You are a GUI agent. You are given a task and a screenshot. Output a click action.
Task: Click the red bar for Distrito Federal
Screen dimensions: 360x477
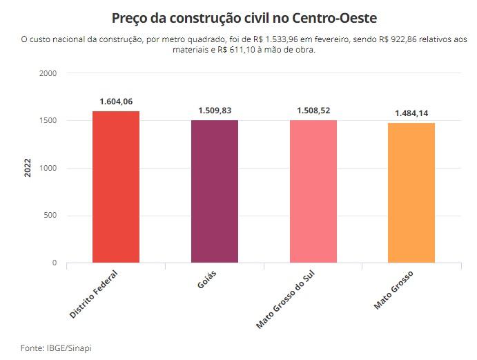point(116,187)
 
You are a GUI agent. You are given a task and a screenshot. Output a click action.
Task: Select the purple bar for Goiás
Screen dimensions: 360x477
point(215,191)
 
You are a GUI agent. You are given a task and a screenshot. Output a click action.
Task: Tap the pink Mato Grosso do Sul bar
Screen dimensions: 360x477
point(313,191)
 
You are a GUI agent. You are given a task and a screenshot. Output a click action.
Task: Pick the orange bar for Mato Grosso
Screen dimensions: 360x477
point(411,193)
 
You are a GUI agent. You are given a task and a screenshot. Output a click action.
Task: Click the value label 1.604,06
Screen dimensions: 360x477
point(116,101)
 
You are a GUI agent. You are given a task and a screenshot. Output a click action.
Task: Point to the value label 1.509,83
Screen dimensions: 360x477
point(215,110)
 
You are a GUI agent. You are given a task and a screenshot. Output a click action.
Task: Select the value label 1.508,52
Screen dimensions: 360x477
point(313,110)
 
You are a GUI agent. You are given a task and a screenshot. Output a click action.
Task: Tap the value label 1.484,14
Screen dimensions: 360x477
point(411,113)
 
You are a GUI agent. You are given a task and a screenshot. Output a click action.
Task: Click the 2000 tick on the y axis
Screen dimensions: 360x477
point(48,73)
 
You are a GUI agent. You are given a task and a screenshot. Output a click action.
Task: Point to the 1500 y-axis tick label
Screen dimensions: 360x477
point(48,121)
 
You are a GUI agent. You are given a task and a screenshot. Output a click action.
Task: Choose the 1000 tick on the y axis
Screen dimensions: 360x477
point(48,168)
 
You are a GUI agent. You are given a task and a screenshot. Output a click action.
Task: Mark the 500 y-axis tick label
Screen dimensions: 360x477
point(50,216)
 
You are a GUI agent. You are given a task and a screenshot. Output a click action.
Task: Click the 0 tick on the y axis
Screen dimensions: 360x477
point(54,263)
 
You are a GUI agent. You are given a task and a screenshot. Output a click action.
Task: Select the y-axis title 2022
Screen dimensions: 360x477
point(28,168)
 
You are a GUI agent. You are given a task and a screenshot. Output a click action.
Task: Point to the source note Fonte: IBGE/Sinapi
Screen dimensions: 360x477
point(56,348)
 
